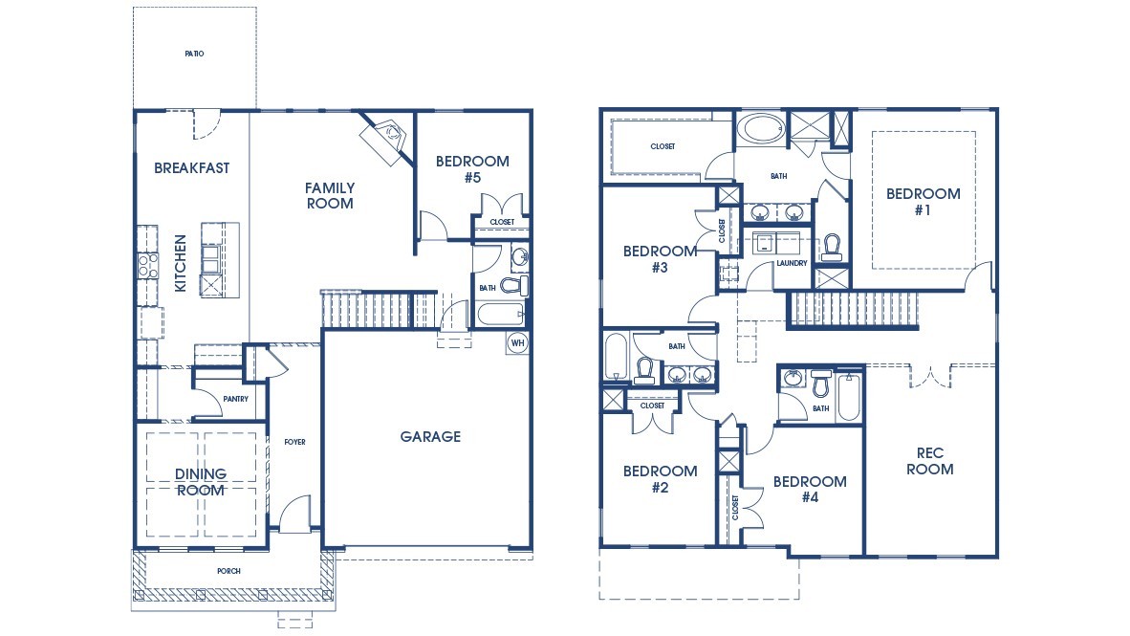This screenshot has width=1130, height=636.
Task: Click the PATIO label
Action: (x=194, y=54)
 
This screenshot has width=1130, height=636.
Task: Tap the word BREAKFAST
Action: (x=192, y=168)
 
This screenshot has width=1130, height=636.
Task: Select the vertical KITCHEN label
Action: (x=180, y=263)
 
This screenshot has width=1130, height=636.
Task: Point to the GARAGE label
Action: (x=430, y=437)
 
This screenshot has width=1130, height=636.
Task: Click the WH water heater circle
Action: (x=517, y=342)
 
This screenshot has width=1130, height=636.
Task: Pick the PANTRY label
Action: (x=235, y=399)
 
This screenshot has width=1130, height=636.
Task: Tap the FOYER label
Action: (x=294, y=442)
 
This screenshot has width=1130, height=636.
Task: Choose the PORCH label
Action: (x=228, y=571)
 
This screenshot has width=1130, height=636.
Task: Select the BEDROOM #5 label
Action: (x=472, y=169)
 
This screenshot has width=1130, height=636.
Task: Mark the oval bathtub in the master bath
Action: (x=761, y=129)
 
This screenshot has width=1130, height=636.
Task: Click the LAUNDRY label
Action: (x=792, y=263)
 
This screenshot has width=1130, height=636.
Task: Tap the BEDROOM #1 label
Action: (x=923, y=202)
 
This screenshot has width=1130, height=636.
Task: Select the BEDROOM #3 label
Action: (x=660, y=259)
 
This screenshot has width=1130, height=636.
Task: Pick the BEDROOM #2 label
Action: (x=660, y=479)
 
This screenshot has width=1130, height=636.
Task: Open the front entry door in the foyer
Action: (x=295, y=515)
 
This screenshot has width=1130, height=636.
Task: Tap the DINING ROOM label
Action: (x=201, y=482)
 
